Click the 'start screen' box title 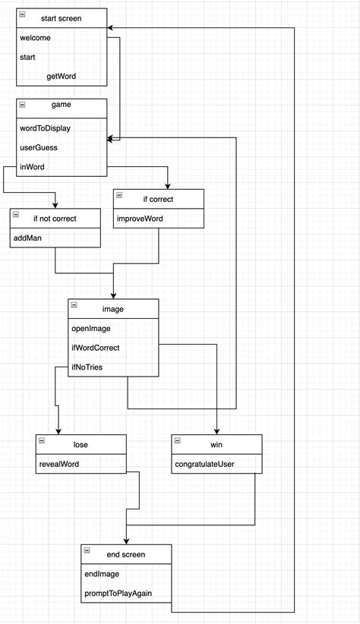click(61, 17)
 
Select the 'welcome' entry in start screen click(36, 37)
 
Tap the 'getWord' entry click(61, 76)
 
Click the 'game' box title click(61, 109)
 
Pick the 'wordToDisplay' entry click(45, 128)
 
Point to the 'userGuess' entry click(39, 147)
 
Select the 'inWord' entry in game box click(33, 166)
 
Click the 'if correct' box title click(158, 199)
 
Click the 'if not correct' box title click(55, 219)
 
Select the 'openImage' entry click(91, 328)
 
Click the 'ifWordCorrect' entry click(95, 347)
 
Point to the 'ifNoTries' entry click(87, 367)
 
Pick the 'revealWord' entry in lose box click(58, 464)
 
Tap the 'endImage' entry click(99, 574)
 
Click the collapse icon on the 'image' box click(74, 305)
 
